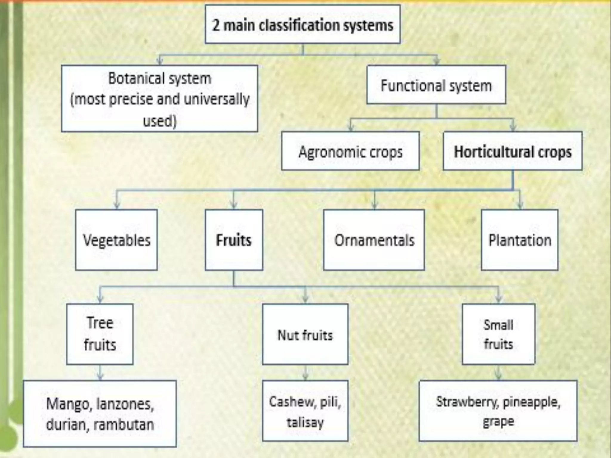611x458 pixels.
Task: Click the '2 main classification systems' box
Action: [303, 24]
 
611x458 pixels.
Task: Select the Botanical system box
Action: [160, 98]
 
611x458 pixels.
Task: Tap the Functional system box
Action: [436, 85]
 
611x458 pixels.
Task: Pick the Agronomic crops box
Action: [350, 151]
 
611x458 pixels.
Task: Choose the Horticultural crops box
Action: [513, 151]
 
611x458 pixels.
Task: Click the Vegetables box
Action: [116, 240]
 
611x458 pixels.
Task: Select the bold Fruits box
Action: [234, 240]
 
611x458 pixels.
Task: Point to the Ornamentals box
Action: [374, 240]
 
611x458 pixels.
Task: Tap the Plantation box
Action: [520, 240]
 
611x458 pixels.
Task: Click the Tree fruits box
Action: [100, 334]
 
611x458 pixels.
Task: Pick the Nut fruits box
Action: [305, 334]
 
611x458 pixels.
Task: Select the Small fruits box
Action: [499, 334]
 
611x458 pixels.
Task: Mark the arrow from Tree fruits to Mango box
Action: [100, 373]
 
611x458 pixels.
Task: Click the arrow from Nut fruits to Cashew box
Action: [305, 373]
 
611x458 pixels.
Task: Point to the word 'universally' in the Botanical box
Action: [217, 99]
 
